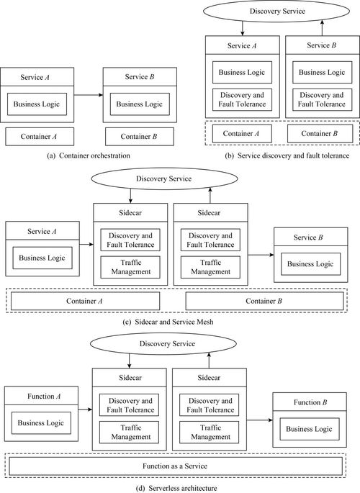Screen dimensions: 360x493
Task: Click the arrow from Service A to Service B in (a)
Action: point(89,95)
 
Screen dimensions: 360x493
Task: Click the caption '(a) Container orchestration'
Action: point(89,155)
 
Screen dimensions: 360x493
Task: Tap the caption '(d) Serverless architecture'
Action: point(176,488)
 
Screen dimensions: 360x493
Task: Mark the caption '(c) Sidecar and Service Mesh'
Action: point(168,322)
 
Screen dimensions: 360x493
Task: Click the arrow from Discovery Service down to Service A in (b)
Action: point(242,28)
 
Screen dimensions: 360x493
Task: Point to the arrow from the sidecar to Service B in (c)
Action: point(261,255)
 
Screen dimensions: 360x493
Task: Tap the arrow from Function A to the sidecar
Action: point(85,410)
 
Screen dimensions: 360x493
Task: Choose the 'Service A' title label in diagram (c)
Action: point(42,232)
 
